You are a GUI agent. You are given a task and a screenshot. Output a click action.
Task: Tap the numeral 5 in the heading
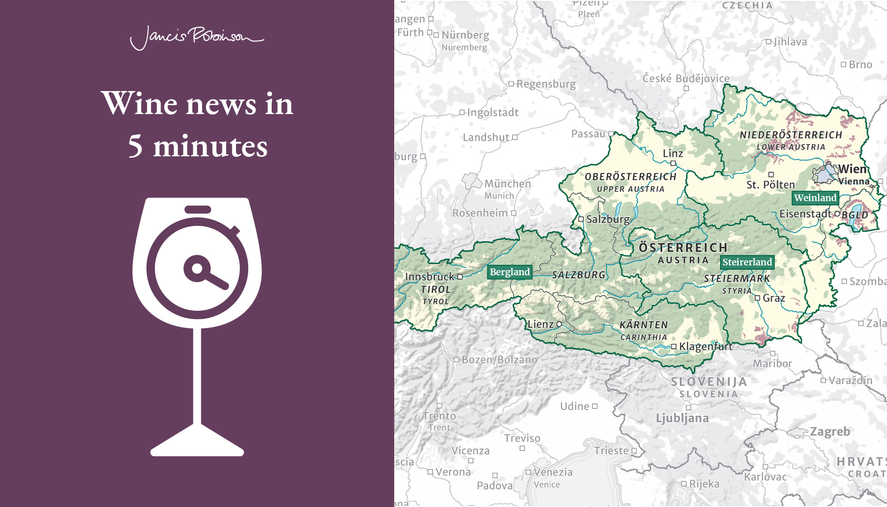click(135, 146)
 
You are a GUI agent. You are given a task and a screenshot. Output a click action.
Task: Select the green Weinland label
click(815, 198)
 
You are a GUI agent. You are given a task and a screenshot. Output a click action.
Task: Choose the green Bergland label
click(510, 272)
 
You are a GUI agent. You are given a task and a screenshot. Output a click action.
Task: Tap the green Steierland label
click(747, 262)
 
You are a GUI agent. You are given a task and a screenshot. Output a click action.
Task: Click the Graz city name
click(774, 298)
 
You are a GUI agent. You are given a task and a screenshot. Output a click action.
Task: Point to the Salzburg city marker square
click(581, 219)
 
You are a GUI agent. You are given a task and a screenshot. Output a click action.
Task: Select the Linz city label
click(673, 154)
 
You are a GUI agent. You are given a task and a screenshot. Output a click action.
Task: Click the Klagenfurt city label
click(705, 347)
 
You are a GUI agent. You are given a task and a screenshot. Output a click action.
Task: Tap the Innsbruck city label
click(430, 277)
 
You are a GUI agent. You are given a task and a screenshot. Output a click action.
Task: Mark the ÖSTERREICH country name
click(683, 248)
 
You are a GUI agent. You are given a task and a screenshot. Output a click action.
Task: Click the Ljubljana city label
click(682, 418)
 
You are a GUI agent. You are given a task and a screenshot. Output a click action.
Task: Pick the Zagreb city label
click(830, 432)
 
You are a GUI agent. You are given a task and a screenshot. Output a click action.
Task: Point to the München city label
click(507, 184)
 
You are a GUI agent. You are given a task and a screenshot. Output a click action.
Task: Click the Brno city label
click(860, 65)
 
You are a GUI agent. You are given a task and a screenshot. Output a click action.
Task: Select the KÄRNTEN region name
click(643, 325)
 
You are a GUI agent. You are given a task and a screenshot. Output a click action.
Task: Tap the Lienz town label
click(541, 324)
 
